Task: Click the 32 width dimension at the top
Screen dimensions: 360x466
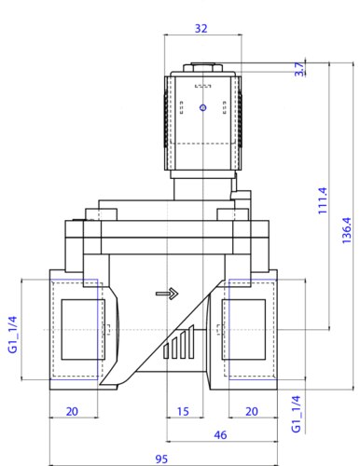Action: (x=201, y=28)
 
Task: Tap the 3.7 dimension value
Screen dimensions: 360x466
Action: (x=299, y=69)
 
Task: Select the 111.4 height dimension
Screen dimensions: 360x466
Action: (x=323, y=200)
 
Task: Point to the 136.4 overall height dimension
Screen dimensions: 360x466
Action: (x=347, y=230)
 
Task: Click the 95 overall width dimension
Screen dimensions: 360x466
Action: (x=161, y=459)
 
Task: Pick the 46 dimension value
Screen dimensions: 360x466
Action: (x=220, y=435)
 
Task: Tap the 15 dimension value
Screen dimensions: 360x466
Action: (x=183, y=412)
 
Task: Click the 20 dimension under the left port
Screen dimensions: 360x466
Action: (x=72, y=412)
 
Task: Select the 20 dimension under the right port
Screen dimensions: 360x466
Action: (x=252, y=412)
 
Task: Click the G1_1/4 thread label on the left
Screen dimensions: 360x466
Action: (x=12, y=335)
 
